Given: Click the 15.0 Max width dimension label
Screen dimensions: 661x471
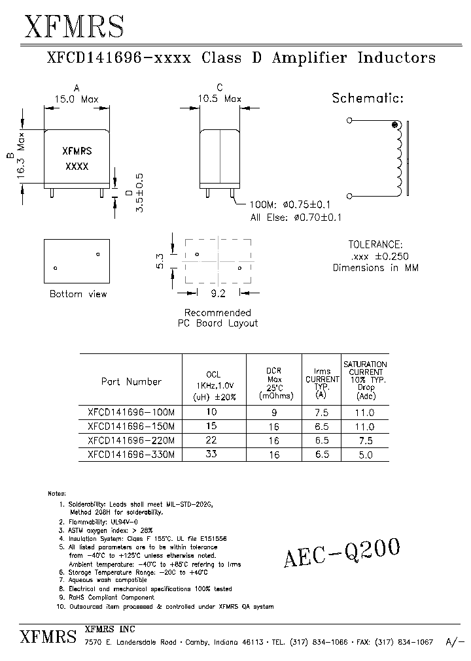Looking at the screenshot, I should pyautogui.click(x=76, y=100).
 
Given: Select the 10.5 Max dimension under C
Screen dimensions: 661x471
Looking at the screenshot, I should pyautogui.click(x=220, y=99).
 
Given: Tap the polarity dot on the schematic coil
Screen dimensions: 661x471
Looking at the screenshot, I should pyautogui.click(x=394, y=125).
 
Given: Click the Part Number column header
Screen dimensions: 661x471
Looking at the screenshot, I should pyautogui.click(x=131, y=381).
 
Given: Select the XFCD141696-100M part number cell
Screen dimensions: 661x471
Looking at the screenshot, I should pyautogui.click(x=131, y=413).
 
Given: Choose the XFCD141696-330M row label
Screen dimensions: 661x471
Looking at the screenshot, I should pyautogui.click(x=131, y=454).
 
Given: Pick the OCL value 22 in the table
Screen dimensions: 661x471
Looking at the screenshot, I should pyautogui.click(x=211, y=440).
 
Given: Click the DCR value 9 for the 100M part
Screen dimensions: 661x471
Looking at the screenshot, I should pyautogui.click(x=274, y=413).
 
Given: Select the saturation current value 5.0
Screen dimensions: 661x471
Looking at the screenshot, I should pyautogui.click(x=365, y=455).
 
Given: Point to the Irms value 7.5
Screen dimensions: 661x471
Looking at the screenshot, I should pyautogui.click(x=321, y=413).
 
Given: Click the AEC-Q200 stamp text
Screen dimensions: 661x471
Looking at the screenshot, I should pyautogui.click(x=341, y=554).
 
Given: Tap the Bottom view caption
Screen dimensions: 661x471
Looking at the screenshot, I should pyautogui.click(x=78, y=294).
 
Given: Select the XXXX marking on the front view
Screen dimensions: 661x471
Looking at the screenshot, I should pyautogui.click(x=77, y=167).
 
